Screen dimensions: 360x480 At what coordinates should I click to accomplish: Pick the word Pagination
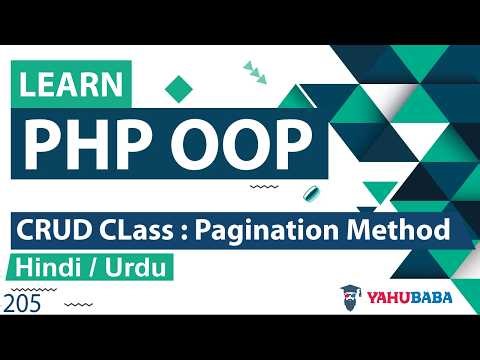(267, 229)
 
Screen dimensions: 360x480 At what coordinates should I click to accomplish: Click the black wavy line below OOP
(262, 186)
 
